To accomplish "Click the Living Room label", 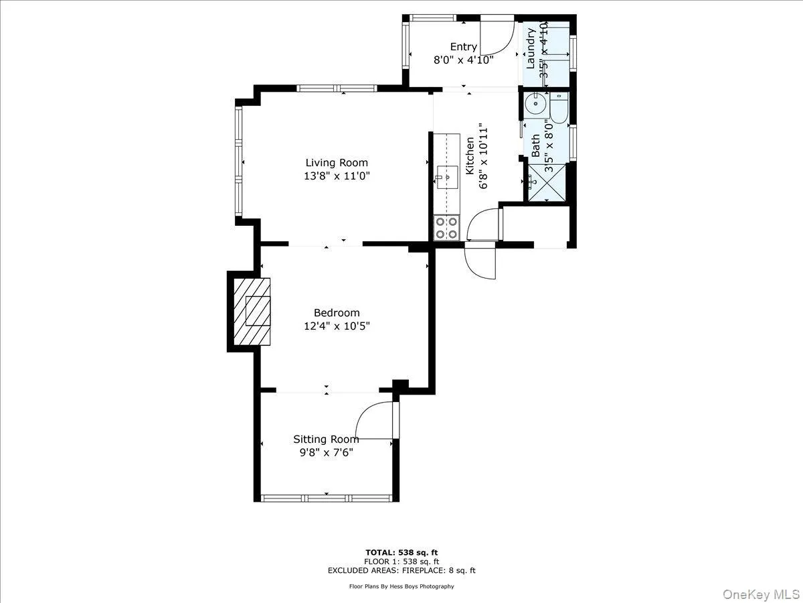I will pos(337,163).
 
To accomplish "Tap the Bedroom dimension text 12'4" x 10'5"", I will pos(337,326).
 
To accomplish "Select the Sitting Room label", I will pos(326,440).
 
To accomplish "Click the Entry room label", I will pos(463,47).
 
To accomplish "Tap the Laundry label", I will pos(531,48).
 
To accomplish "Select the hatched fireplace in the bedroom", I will pos(253,311).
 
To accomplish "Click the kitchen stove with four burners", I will pos(446,227).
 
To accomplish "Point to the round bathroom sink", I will pos(535,105).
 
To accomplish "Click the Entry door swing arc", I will pos(499,37).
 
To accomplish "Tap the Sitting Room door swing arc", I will pos(373,421).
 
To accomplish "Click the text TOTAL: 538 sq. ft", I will pos(401,552).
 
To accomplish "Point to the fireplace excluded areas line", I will pos(401,571).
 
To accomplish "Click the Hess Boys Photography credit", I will pos(401,586).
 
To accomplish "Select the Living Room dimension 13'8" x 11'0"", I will pos(337,176).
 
